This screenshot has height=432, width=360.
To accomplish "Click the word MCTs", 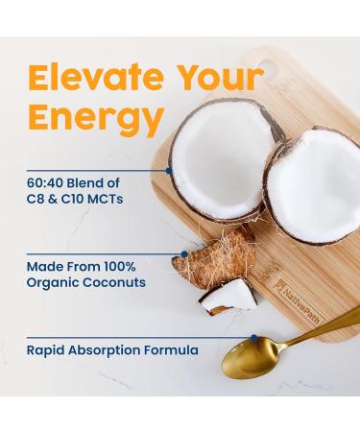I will tap(103, 200).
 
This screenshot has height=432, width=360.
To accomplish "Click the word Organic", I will tap(53, 282).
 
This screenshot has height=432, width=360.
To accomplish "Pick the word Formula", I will tap(174, 350).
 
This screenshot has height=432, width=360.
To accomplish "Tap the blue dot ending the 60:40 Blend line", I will tap(169, 170).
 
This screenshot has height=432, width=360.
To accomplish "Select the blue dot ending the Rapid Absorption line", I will tap(253, 337).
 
